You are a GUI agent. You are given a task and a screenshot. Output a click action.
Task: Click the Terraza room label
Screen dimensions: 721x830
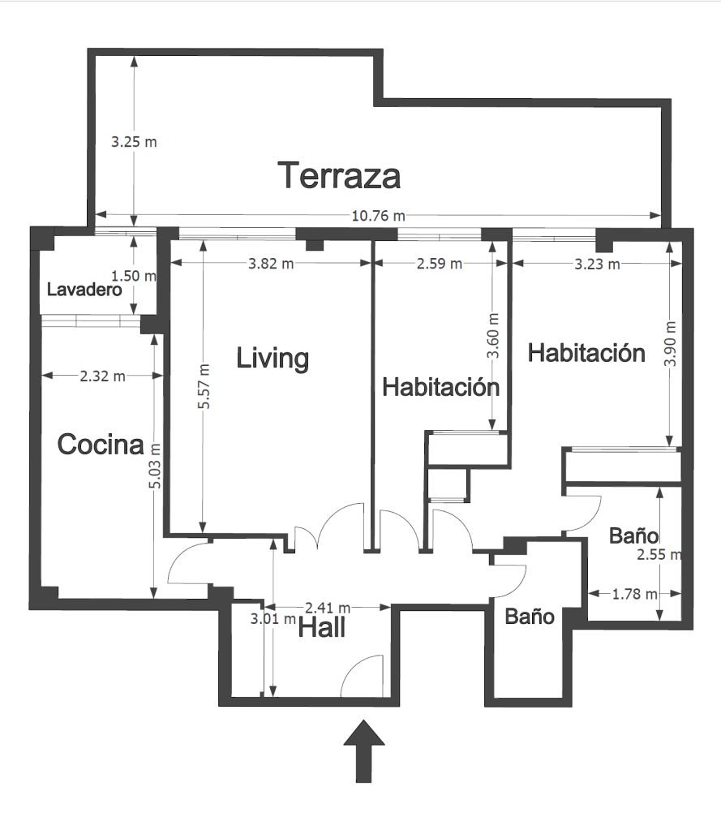[x=339, y=175]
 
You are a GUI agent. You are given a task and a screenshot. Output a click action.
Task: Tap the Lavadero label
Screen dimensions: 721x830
[x=84, y=290]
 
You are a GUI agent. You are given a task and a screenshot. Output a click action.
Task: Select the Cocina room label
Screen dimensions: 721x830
[x=101, y=444]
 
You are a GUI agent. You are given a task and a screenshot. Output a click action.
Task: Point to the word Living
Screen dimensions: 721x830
[x=273, y=359]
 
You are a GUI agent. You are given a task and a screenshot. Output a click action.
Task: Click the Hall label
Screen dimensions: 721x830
[x=322, y=628]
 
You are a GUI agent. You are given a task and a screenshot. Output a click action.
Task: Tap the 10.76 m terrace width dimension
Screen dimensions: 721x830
[x=378, y=216]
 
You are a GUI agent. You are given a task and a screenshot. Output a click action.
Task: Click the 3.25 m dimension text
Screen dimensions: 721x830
[x=134, y=142]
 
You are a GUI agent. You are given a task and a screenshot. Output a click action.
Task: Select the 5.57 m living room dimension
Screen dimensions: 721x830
[x=204, y=386]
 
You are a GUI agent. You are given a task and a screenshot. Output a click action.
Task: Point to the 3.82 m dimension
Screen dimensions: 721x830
[x=271, y=264]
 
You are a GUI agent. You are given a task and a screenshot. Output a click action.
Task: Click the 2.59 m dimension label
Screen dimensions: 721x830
[x=439, y=264]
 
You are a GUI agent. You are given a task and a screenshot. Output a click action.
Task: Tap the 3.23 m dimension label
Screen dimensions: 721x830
[x=597, y=264]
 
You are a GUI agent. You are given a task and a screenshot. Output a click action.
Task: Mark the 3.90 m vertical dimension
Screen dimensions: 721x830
[x=670, y=344]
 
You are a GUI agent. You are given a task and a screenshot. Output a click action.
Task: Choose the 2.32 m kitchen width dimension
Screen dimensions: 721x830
[x=102, y=376]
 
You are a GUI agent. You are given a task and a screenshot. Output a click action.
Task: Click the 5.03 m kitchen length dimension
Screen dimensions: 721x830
[x=154, y=466]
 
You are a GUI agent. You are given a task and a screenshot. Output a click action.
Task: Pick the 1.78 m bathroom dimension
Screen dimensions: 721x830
[x=634, y=595]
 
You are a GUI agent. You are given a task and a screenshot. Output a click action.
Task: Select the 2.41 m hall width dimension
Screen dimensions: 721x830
[x=328, y=608]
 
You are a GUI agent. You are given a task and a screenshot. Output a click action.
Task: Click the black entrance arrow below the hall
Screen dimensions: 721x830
[x=364, y=751]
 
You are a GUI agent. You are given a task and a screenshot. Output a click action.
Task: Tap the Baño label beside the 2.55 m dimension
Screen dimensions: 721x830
[x=633, y=535]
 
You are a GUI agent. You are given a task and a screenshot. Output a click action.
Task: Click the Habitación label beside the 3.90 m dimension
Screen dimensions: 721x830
[x=586, y=353]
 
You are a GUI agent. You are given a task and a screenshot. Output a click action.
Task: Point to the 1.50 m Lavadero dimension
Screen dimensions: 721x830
[x=134, y=276]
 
